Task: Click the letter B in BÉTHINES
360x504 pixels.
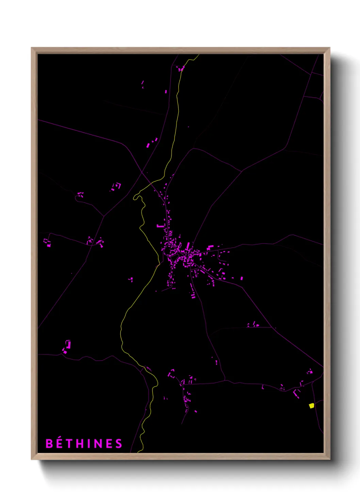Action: click(x=49, y=444)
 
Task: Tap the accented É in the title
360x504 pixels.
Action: click(x=60, y=444)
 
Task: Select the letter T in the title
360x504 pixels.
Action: click(x=70, y=444)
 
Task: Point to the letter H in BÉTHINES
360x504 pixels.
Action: click(x=81, y=444)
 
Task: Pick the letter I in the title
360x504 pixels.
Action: click(x=89, y=444)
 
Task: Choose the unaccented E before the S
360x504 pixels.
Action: click(x=109, y=444)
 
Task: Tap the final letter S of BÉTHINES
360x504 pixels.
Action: click(x=118, y=444)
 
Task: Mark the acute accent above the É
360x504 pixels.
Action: click(x=60, y=437)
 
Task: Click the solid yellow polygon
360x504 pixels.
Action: click(x=311, y=406)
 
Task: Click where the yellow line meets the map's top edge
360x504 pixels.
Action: click(x=198, y=55)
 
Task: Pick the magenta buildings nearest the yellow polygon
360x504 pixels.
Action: click(x=297, y=393)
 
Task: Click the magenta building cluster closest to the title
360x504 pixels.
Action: click(x=67, y=347)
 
